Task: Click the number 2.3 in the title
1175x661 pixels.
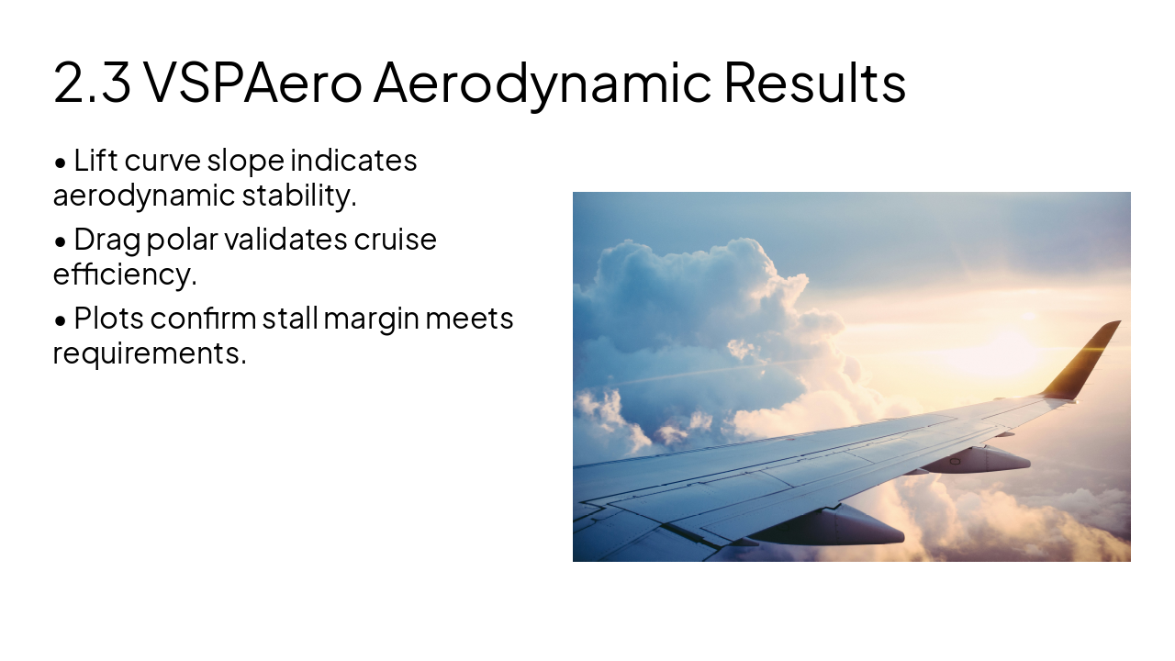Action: point(92,83)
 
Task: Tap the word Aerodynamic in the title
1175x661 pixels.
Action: point(542,83)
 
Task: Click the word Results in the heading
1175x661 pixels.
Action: point(814,83)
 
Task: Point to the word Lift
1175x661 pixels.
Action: point(95,161)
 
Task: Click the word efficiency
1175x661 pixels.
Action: point(125,274)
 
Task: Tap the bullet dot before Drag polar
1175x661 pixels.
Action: point(61,241)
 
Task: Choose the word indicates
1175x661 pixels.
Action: point(353,161)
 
